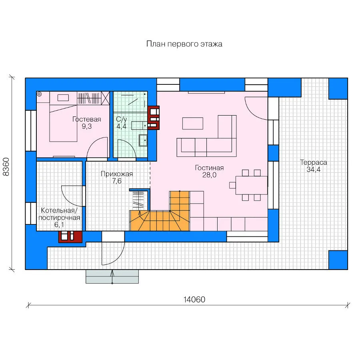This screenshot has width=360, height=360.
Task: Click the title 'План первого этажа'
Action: click(x=184, y=44)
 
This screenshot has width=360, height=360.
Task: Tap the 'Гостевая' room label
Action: click(x=86, y=119)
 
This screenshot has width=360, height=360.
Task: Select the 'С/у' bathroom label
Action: click(x=121, y=119)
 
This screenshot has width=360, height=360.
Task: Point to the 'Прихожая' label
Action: click(x=117, y=174)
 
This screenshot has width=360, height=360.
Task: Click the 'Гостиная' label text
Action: click(x=209, y=168)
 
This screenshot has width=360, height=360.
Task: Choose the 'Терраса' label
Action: click(x=313, y=162)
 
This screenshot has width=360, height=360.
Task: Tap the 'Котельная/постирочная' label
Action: click(x=59, y=214)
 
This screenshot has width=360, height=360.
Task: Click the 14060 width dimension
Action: click(x=194, y=300)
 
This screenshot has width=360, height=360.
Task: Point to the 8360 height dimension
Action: click(x=6, y=167)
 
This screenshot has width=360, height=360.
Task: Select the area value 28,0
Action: click(x=209, y=175)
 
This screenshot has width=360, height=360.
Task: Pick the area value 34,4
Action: click(x=313, y=170)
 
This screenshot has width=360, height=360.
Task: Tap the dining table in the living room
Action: click(x=252, y=185)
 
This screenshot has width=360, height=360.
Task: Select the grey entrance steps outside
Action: click(x=112, y=276)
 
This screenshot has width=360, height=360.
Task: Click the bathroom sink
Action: click(x=143, y=140)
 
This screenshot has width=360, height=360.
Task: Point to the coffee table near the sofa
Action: click(x=193, y=124)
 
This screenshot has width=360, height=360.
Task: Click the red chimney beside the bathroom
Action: click(x=153, y=118)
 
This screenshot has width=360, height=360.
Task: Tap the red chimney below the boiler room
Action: click(x=70, y=236)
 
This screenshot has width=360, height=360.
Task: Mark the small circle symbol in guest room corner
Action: click(x=39, y=94)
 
